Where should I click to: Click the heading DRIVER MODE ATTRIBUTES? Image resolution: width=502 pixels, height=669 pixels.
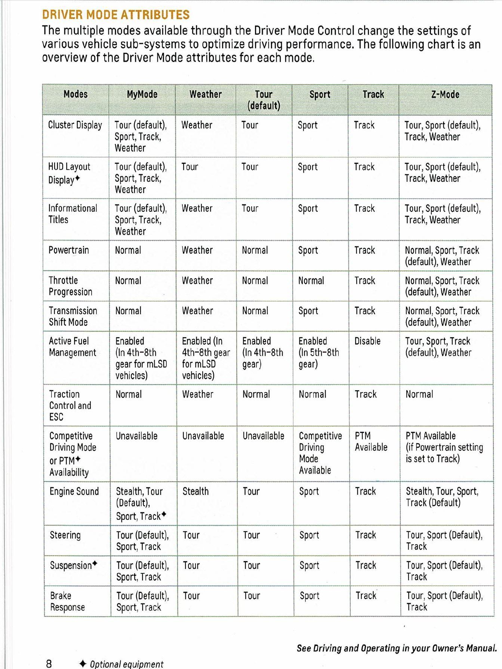point(116,15)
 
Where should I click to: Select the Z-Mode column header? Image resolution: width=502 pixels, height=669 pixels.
point(445,95)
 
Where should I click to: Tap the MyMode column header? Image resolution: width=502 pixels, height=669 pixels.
point(142,95)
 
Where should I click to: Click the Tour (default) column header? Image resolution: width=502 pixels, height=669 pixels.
point(264,100)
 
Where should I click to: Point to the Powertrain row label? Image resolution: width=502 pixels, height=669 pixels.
point(69,250)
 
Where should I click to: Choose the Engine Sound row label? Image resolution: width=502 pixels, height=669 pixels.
point(74,491)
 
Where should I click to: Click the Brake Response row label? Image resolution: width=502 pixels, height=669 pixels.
point(67,601)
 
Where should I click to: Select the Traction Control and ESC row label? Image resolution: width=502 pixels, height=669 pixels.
point(70,406)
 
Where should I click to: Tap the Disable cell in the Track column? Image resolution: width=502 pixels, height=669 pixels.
point(367,341)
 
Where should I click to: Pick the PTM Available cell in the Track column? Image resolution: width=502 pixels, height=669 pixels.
point(371,441)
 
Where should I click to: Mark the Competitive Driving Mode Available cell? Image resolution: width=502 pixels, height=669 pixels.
point(320,453)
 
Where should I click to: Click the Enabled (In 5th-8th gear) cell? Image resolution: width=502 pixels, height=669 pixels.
point(318,352)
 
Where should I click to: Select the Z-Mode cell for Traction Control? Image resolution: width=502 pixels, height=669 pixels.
point(419,394)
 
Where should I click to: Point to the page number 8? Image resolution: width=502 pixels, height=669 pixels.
point(49,664)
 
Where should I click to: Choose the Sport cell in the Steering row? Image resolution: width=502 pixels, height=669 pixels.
point(309,535)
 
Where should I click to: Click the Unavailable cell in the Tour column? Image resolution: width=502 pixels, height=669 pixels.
point(263,436)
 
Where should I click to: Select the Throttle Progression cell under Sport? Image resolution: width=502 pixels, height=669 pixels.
point(311,281)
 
